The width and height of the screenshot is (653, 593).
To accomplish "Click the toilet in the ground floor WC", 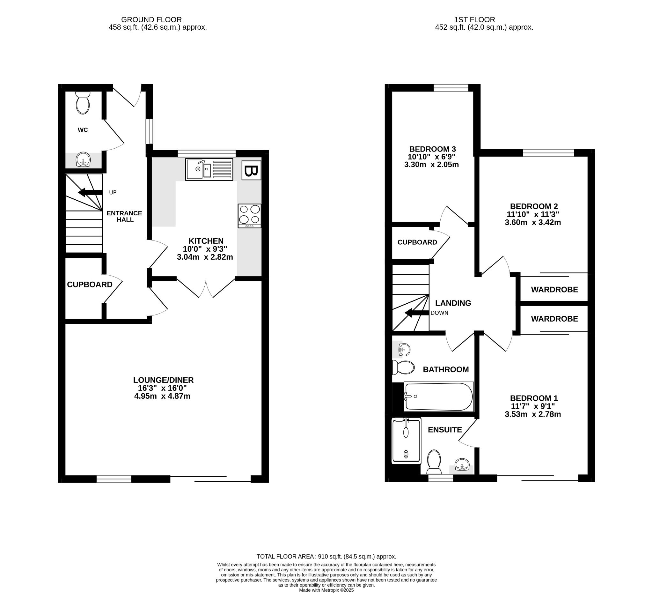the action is point(83,103).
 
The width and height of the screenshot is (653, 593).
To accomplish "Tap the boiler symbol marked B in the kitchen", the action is point(251,170).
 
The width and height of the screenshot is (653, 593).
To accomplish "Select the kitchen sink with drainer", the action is point(209,169).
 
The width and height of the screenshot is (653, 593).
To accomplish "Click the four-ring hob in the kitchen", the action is point(249,216).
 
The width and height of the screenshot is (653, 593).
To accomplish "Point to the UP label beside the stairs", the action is point(113,192).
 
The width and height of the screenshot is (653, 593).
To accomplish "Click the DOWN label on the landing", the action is point(440,313).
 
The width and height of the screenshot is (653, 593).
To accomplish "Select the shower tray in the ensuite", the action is point(407,441).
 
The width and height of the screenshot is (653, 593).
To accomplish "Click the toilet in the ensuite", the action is point(434,462).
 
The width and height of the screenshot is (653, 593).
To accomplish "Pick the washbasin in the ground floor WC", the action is point(83,160).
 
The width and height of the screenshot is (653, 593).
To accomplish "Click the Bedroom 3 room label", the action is point(432,149).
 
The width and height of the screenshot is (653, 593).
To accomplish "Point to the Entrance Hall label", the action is point(125,217).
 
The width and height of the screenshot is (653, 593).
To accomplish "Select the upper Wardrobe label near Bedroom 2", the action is point(554,290).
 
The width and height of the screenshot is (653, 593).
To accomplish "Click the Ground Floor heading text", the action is point(151,20).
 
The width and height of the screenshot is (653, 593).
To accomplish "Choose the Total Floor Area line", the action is point(326,557).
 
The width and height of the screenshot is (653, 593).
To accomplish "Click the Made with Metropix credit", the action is point(326,590).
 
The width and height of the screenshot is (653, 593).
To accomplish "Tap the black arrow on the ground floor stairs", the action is point(90,192).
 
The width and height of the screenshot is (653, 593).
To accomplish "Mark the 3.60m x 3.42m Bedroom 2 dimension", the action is point(533,223).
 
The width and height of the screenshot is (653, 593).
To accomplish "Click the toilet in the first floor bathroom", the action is point(403,368).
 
